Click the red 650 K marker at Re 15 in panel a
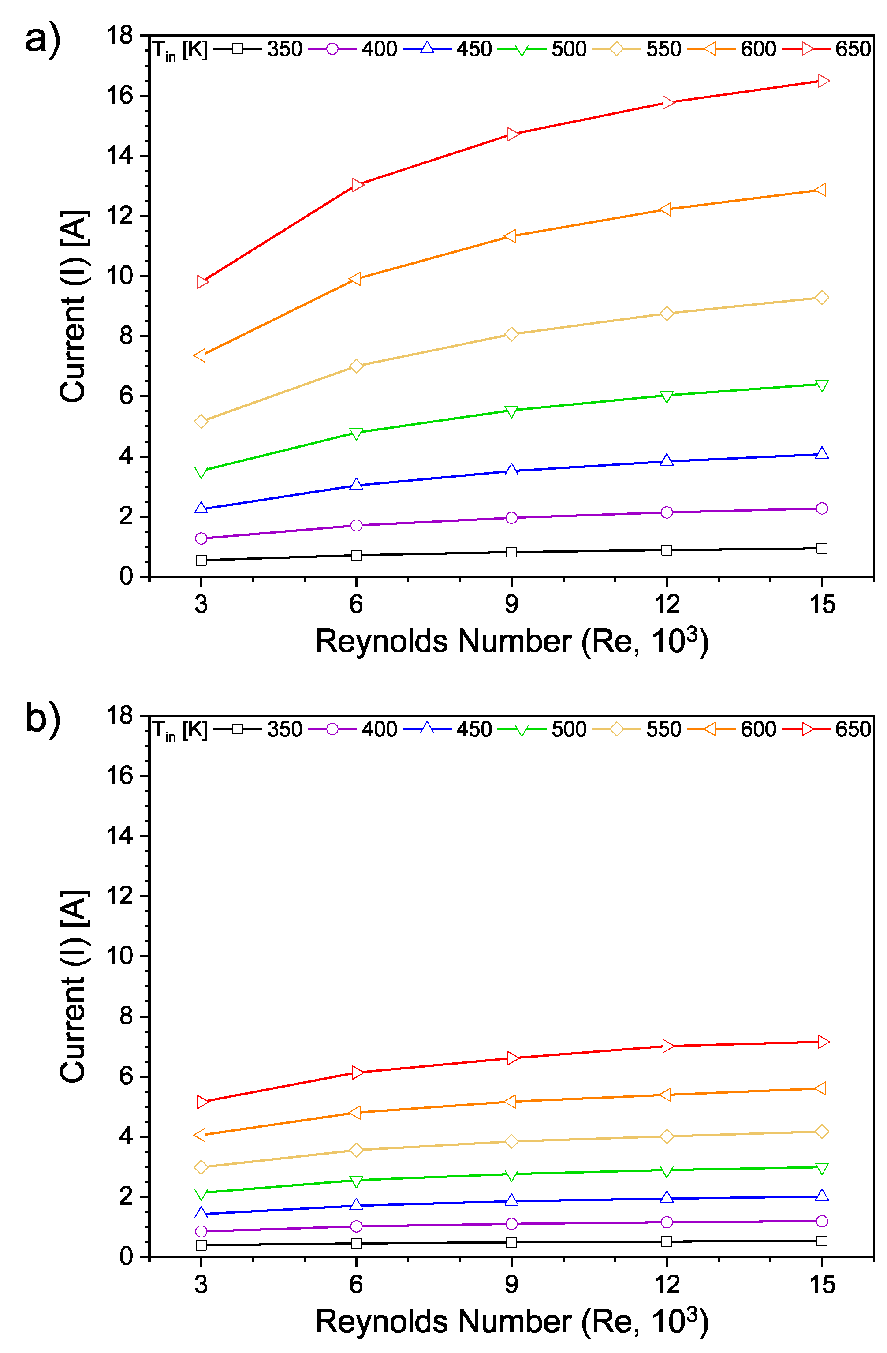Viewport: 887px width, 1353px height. point(822,81)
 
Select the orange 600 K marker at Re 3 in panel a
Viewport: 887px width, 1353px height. point(200,355)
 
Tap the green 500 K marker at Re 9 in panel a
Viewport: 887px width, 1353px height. point(511,411)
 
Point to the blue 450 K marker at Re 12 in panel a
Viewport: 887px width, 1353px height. point(667,460)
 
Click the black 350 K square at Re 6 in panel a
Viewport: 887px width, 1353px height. point(356,555)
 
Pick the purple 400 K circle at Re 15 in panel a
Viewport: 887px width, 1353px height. point(822,508)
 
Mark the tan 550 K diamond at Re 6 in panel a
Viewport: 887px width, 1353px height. point(356,366)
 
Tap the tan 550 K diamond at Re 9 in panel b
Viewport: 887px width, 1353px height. point(511,1141)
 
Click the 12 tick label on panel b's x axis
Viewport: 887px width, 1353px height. point(667,1284)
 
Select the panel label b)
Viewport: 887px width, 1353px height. point(43,720)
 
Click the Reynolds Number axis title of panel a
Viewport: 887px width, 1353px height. point(511,642)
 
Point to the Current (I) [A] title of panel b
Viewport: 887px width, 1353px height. point(74,987)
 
